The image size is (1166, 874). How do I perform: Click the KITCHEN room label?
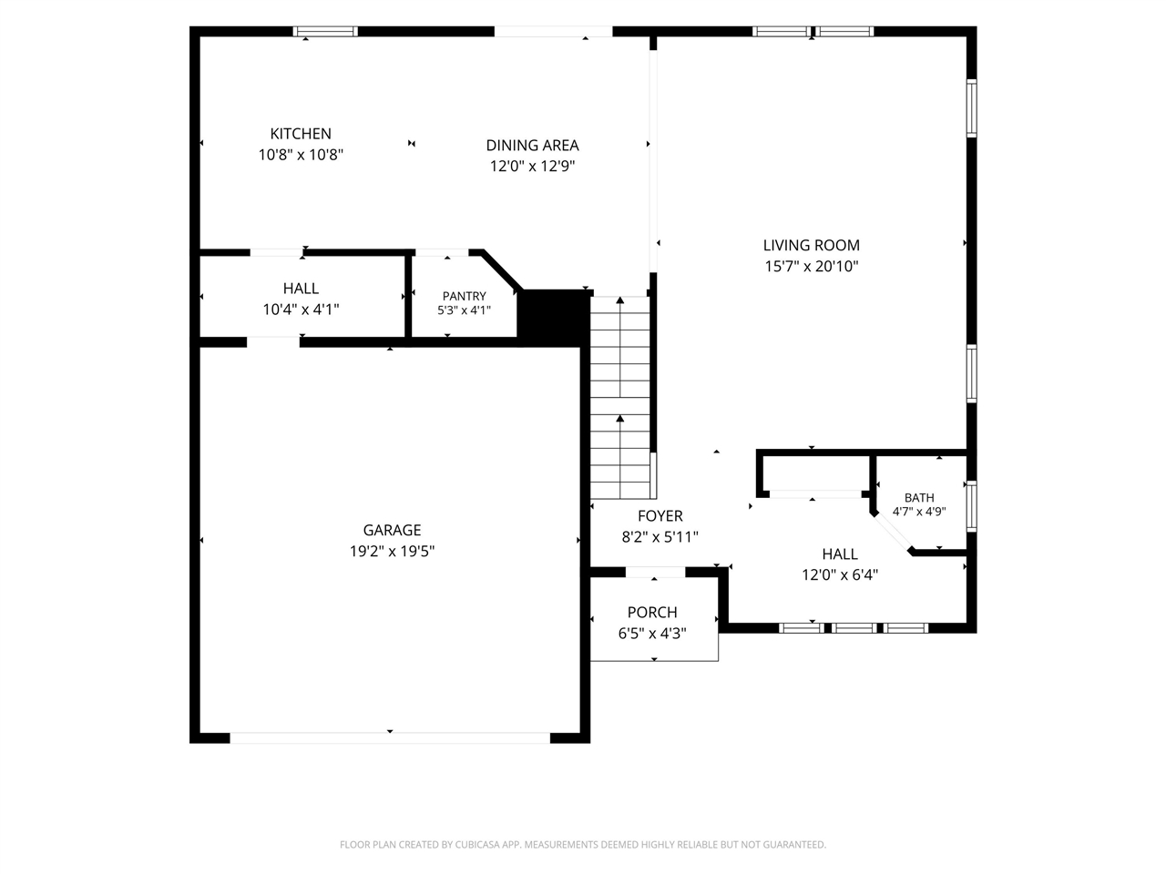300,134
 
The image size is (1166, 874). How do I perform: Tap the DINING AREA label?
532,146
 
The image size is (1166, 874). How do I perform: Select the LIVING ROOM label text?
811,245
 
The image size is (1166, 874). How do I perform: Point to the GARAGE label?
392,530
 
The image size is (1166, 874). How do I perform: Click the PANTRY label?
465,296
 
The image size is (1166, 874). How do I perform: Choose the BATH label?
919,498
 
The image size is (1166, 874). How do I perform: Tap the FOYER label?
660,516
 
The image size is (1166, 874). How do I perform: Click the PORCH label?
652,613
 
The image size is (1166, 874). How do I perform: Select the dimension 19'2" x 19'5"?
392,552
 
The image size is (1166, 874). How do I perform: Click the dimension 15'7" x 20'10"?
811,266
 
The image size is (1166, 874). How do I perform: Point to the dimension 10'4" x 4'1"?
301,310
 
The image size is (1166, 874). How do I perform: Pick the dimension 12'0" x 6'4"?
840,574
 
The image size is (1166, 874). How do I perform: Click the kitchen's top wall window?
325,31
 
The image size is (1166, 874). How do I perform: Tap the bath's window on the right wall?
971,505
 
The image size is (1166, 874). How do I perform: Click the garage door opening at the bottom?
390,737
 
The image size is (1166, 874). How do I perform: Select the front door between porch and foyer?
656,572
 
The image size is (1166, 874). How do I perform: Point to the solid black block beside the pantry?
553,318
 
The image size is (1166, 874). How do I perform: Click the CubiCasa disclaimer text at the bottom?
583,844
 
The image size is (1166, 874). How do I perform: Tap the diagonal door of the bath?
892,533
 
